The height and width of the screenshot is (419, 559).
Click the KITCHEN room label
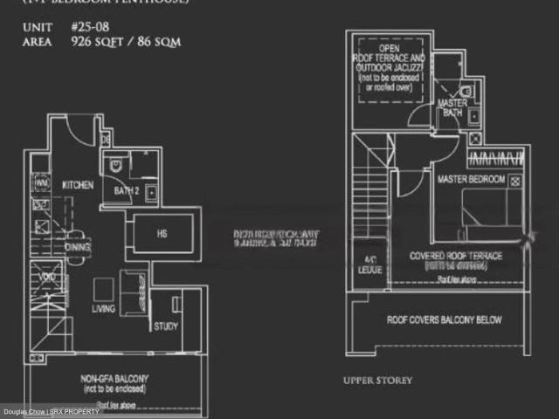coord(78,185)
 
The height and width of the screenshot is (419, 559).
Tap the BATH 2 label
coord(128,191)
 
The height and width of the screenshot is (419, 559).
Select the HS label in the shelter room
coord(161,233)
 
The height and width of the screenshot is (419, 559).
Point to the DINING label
coord(78,247)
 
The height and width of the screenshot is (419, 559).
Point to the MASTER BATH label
coord(452,107)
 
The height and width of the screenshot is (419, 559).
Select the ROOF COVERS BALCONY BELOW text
coord(444,320)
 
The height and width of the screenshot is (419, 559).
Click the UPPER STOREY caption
coord(377,381)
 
